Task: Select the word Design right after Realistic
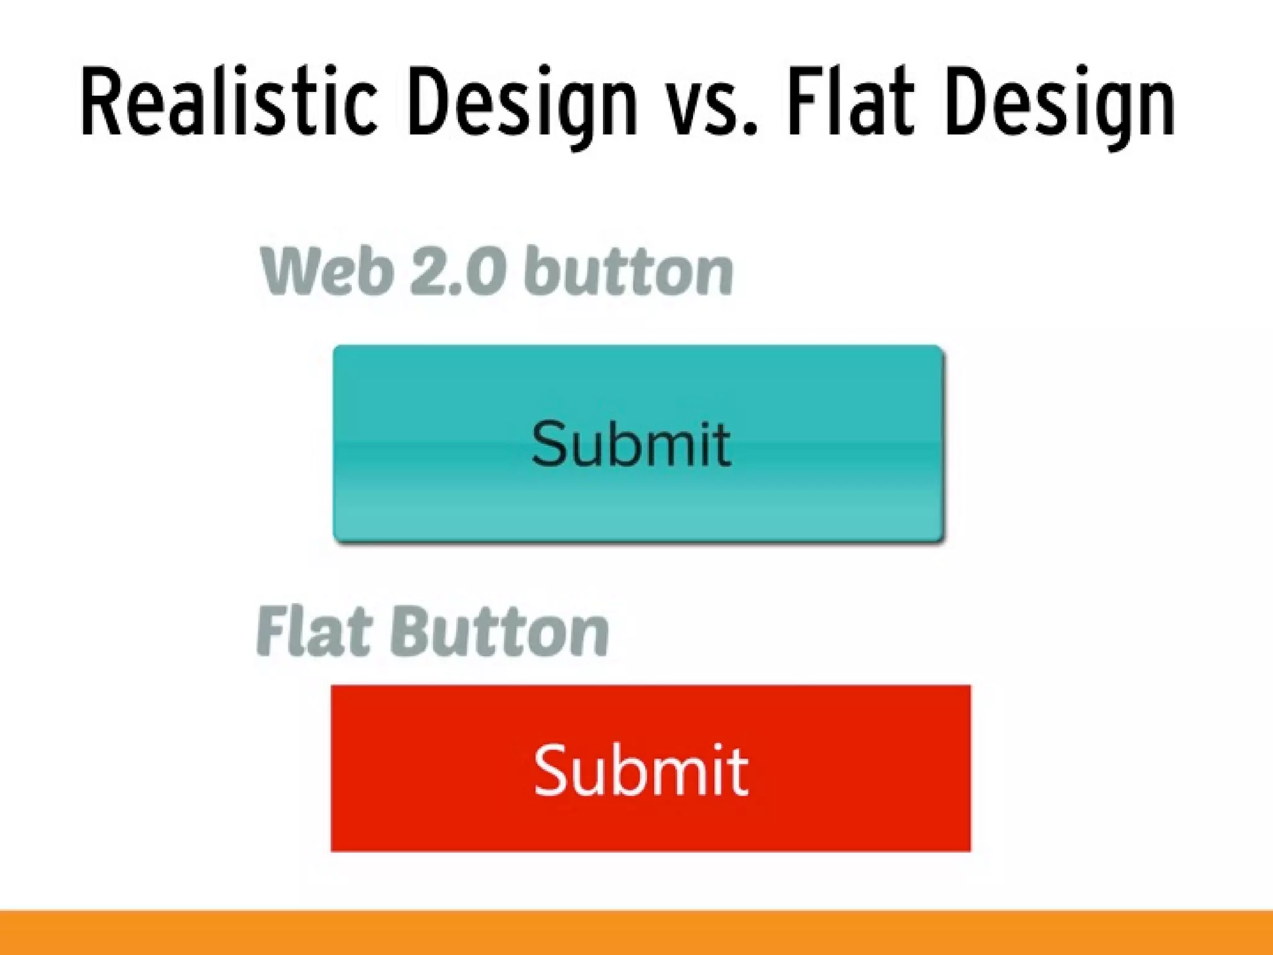tap(522, 106)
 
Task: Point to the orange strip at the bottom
tap(636, 933)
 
